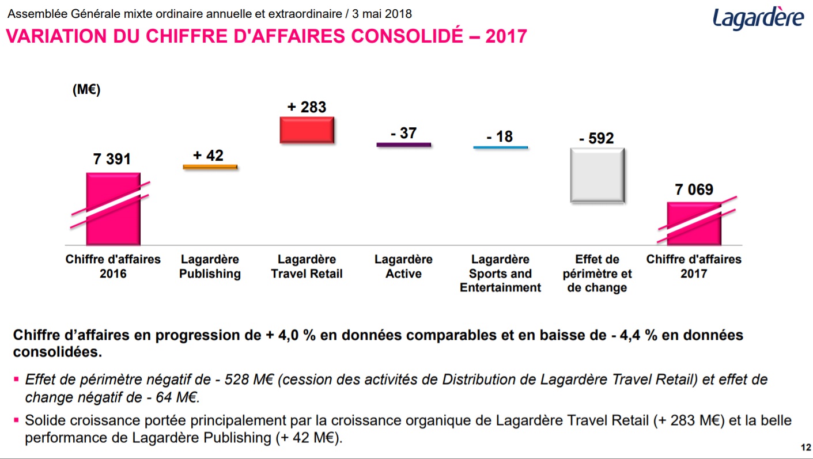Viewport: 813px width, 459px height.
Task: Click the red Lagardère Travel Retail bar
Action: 307,130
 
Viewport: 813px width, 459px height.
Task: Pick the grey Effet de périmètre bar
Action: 597,175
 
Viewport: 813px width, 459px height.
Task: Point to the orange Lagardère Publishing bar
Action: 210,167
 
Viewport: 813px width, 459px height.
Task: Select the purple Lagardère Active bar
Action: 403,145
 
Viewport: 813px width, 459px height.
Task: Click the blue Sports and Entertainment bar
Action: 500,148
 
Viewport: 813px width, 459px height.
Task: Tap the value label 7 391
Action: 112,159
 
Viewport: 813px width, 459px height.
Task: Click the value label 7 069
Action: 694,189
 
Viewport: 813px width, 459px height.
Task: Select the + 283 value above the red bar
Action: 307,107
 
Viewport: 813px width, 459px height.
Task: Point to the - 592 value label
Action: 597,138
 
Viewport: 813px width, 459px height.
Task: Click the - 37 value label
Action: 403,133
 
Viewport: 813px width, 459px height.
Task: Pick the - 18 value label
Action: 500,136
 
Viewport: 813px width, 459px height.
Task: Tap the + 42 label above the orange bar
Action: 209,155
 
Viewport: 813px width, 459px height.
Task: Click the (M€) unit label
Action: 86,90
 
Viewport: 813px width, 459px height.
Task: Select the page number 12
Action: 806,447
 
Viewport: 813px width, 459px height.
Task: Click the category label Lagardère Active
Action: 403,267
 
